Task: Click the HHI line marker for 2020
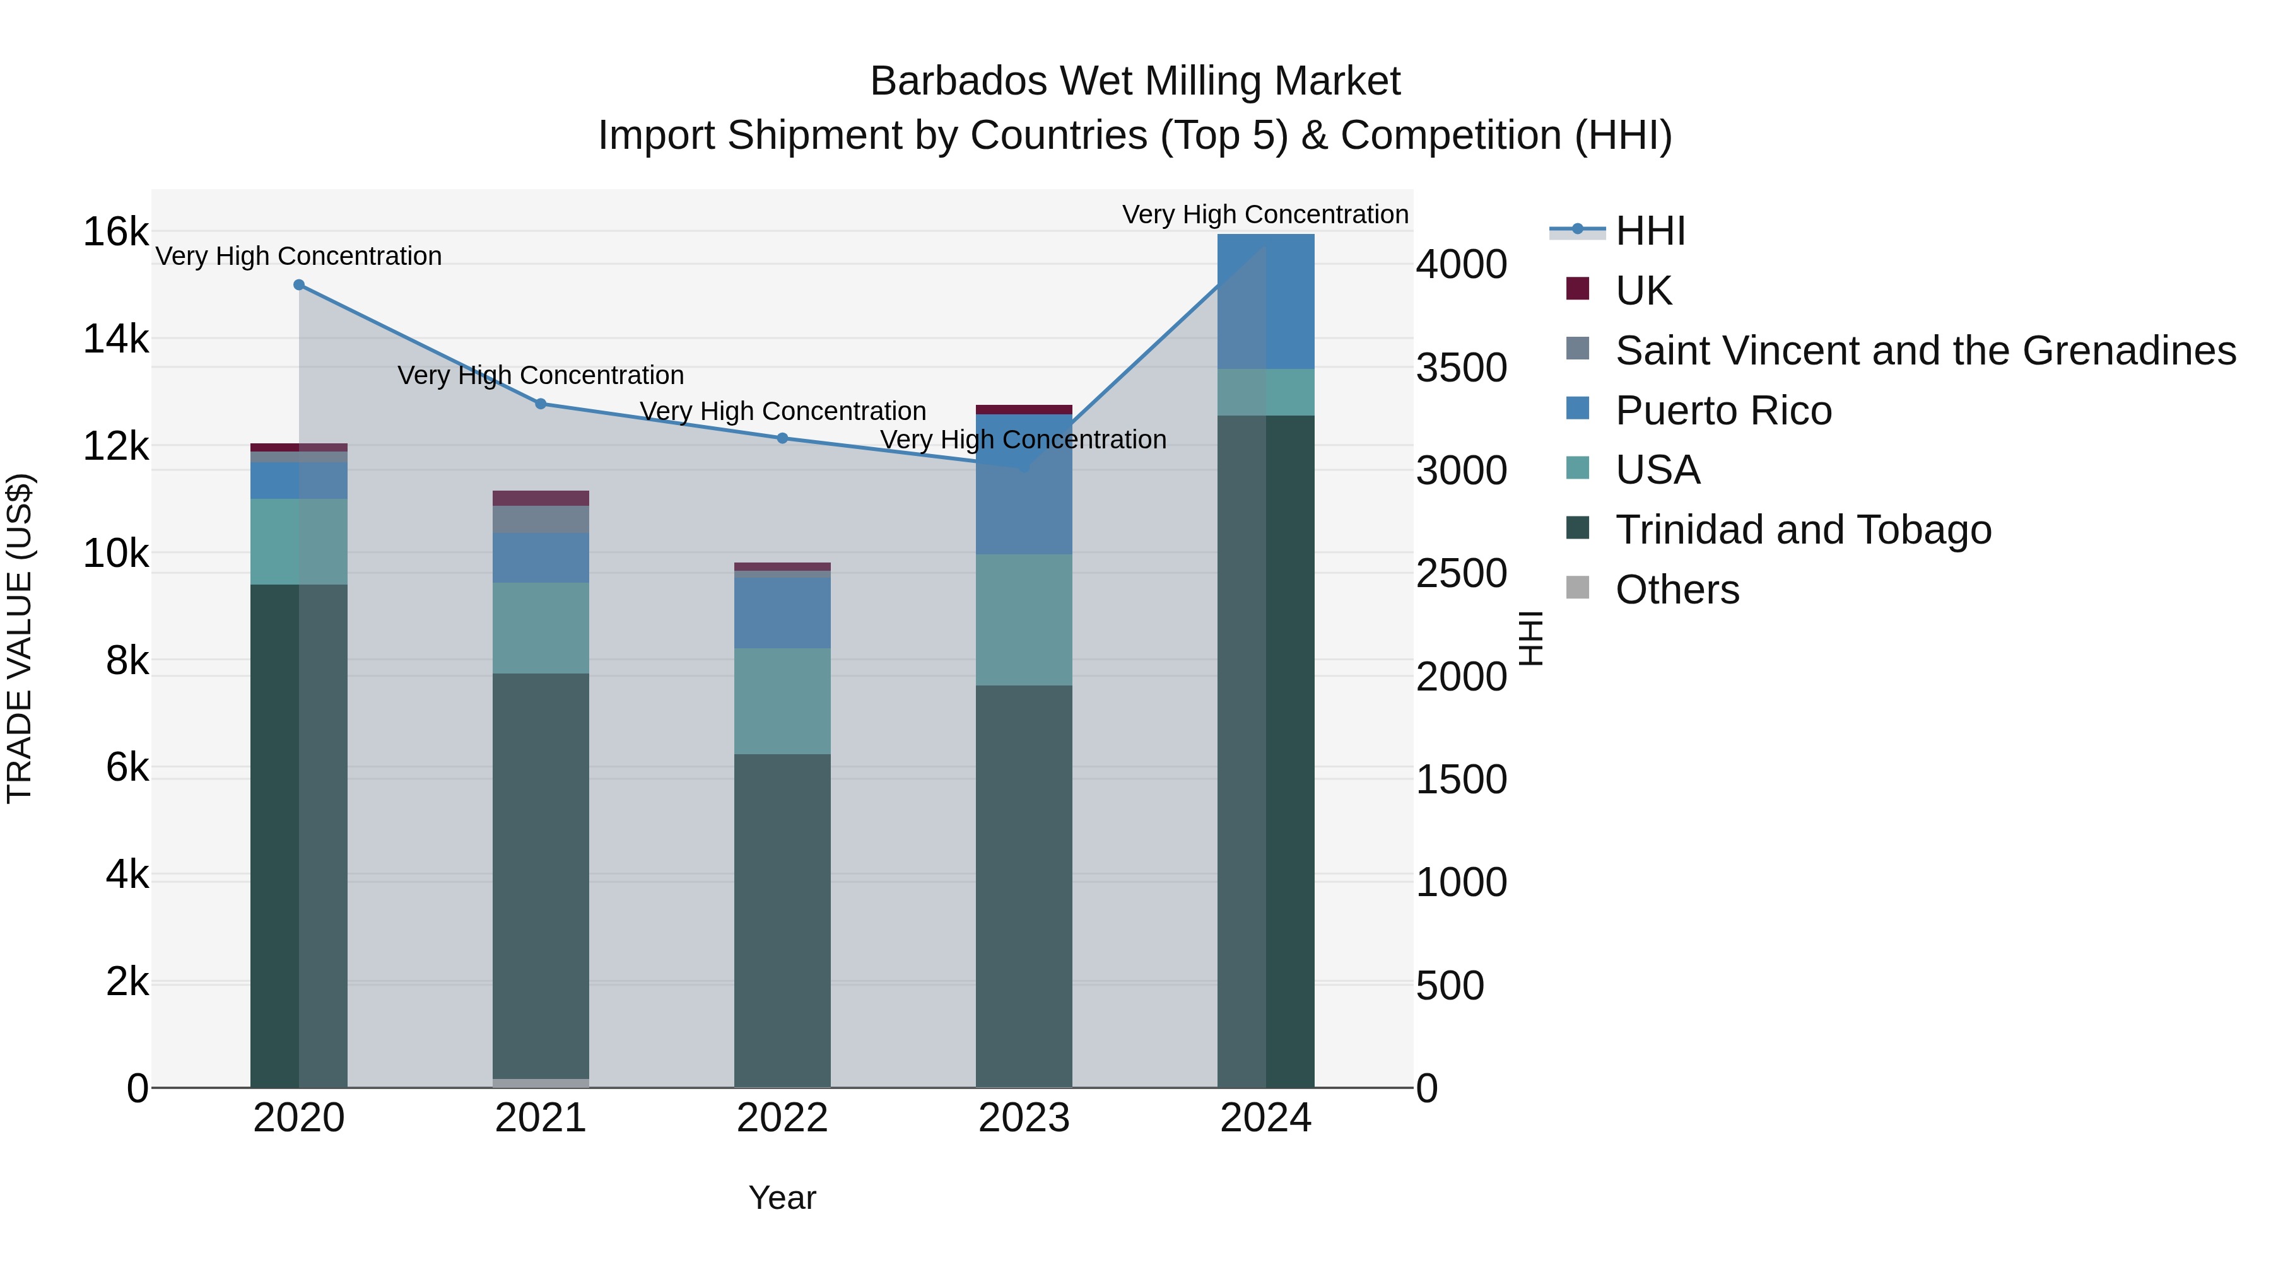(x=299, y=284)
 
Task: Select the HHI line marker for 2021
(x=541, y=404)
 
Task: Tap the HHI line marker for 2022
(x=782, y=438)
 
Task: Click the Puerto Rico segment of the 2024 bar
(x=1266, y=301)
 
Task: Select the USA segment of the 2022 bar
(x=782, y=701)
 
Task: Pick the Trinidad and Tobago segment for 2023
(x=1024, y=886)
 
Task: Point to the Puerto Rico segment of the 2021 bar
(x=541, y=557)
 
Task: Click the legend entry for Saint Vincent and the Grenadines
(x=1925, y=351)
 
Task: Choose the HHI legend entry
(x=1648, y=231)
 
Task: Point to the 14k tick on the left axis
(x=115, y=339)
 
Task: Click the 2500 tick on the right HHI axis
(x=1461, y=574)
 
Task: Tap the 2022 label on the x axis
(x=782, y=1118)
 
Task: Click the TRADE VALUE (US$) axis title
(x=20, y=638)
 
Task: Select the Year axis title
(x=782, y=1198)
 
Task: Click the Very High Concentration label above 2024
(x=1264, y=214)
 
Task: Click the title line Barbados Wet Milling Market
(x=1135, y=81)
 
